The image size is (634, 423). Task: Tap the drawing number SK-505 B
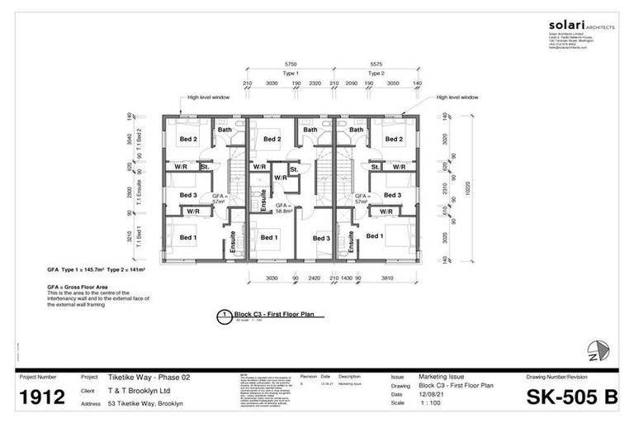coord(571,397)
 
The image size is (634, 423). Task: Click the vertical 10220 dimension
coord(468,187)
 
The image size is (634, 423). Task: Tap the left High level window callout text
coord(207,97)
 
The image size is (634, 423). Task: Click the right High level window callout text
coord(457,97)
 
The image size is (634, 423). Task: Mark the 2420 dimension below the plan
coord(315,278)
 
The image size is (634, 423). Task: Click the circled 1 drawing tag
coord(223,315)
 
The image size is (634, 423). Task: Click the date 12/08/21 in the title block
coord(432,394)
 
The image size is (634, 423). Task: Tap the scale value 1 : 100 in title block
coord(430,403)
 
